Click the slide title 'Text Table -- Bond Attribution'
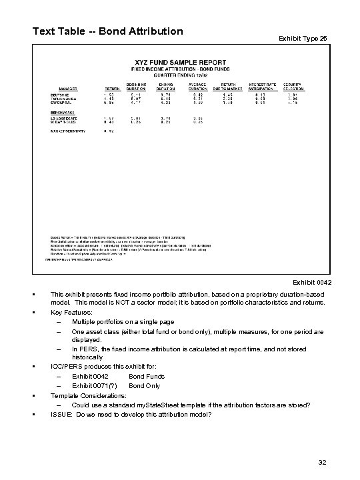point(107,31)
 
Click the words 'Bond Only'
point(143,385)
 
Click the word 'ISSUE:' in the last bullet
point(61,414)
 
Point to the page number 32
point(323,461)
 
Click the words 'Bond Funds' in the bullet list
point(146,375)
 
